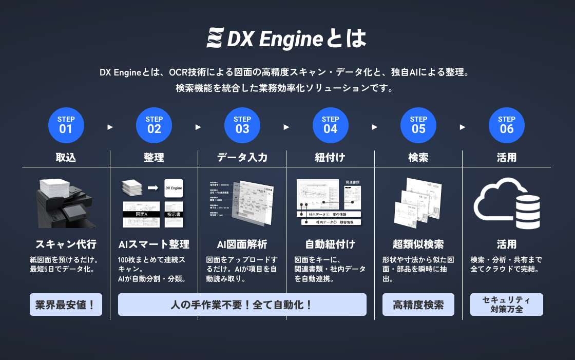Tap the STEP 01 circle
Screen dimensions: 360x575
[x=66, y=125]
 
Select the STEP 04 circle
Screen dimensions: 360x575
[x=330, y=125]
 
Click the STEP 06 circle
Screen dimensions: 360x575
[x=507, y=125]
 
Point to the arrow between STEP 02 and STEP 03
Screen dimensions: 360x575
[x=198, y=127]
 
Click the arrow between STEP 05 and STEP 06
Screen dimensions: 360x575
[x=463, y=127]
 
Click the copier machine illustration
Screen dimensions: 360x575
[x=66, y=203]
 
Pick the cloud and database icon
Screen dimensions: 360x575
[x=507, y=203]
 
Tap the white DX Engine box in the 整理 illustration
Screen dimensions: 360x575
[x=174, y=188]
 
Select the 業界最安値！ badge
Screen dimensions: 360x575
[x=66, y=305]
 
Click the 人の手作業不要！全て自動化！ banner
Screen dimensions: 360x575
[x=242, y=305]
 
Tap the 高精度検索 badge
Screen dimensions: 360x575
[x=418, y=305]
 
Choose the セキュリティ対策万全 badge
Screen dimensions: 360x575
[x=507, y=305]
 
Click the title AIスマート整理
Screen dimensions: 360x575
[x=154, y=244]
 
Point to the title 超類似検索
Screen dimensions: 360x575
[x=418, y=244]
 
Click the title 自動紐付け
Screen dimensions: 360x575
[x=330, y=244]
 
